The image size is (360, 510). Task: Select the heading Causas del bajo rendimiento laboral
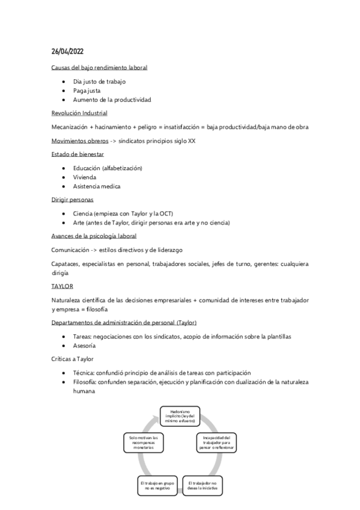tap(99, 67)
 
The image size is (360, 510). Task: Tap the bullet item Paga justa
tap(87, 90)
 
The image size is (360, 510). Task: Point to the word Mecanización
tap(70, 127)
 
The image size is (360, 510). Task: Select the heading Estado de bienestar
tap(78, 155)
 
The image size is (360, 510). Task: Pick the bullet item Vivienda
tap(85, 177)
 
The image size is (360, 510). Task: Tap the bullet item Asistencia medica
tap(97, 186)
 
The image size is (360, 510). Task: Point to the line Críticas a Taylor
tap(73, 359)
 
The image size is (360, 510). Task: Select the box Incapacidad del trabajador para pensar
tap(217, 443)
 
